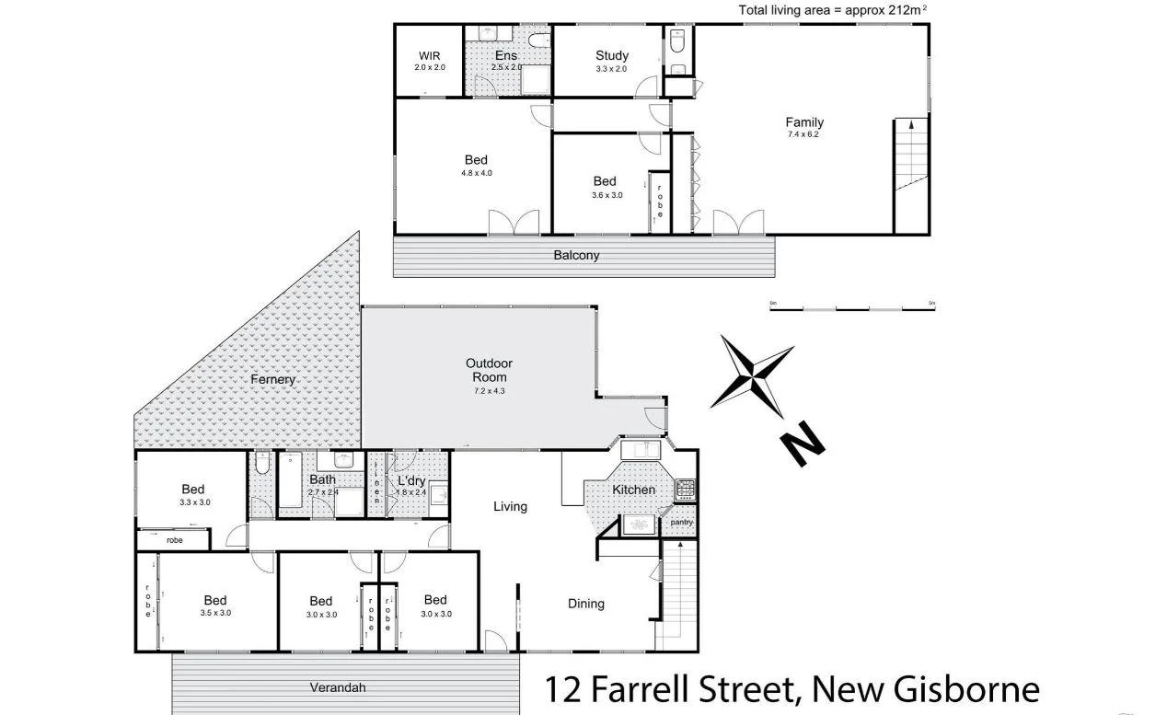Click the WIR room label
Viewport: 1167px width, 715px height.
(x=429, y=55)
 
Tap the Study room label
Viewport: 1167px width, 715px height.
(x=611, y=55)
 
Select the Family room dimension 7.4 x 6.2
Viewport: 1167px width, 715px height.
(x=803, y=134)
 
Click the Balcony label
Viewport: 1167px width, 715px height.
(x=576, y=255)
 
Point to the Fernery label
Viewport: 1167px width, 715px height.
(x=273, y=379)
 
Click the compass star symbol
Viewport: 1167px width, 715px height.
(x=753, y=377)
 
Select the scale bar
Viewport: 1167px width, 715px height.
(x=852, y=308)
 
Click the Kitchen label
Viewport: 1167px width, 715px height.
(x=634, y=490)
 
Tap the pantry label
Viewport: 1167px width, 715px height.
(x=681, y=522)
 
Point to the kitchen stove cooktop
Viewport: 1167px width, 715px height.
(x=686, y=490)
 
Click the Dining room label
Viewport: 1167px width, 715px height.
(x=585, y=604)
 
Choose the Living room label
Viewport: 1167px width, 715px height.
(x=510, y=506)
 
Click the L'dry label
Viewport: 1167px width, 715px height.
(x=411, y=480)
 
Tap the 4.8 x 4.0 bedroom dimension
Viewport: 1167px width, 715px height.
(x=476, y=172)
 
